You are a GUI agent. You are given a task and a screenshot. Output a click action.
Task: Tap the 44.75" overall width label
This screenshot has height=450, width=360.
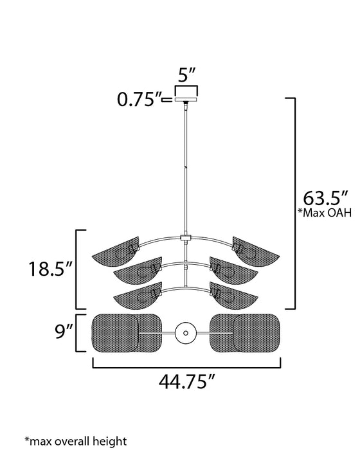[186, 384]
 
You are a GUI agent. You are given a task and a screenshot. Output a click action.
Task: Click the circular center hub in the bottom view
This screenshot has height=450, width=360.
[185, 332]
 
